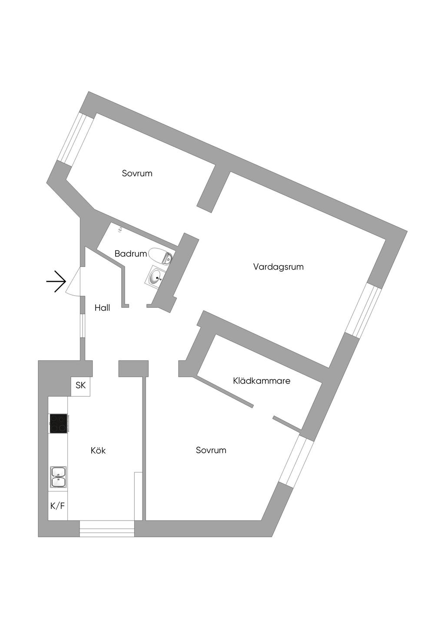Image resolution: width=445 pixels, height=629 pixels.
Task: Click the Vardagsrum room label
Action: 278,267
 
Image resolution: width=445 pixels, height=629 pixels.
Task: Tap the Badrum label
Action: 130,254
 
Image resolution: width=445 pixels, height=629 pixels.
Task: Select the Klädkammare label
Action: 262,381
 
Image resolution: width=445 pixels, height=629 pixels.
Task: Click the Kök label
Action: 98,451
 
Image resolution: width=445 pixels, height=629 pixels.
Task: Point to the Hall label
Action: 102,308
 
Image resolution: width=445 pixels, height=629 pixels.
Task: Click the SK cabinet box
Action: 81,385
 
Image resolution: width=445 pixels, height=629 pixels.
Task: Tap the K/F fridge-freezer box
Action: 58,506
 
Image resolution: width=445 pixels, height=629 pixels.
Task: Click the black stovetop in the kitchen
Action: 58,423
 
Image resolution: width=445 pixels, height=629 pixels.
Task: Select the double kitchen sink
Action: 58,477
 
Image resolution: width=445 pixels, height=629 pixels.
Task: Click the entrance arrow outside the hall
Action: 56,281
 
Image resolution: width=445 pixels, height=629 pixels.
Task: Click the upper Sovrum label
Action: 137,173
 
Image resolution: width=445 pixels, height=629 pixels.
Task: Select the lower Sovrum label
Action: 211,450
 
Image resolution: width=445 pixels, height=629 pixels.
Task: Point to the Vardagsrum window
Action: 363,310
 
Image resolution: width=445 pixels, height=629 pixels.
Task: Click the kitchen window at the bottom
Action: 107,528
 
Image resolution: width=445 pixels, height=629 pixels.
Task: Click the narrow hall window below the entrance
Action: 82,326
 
